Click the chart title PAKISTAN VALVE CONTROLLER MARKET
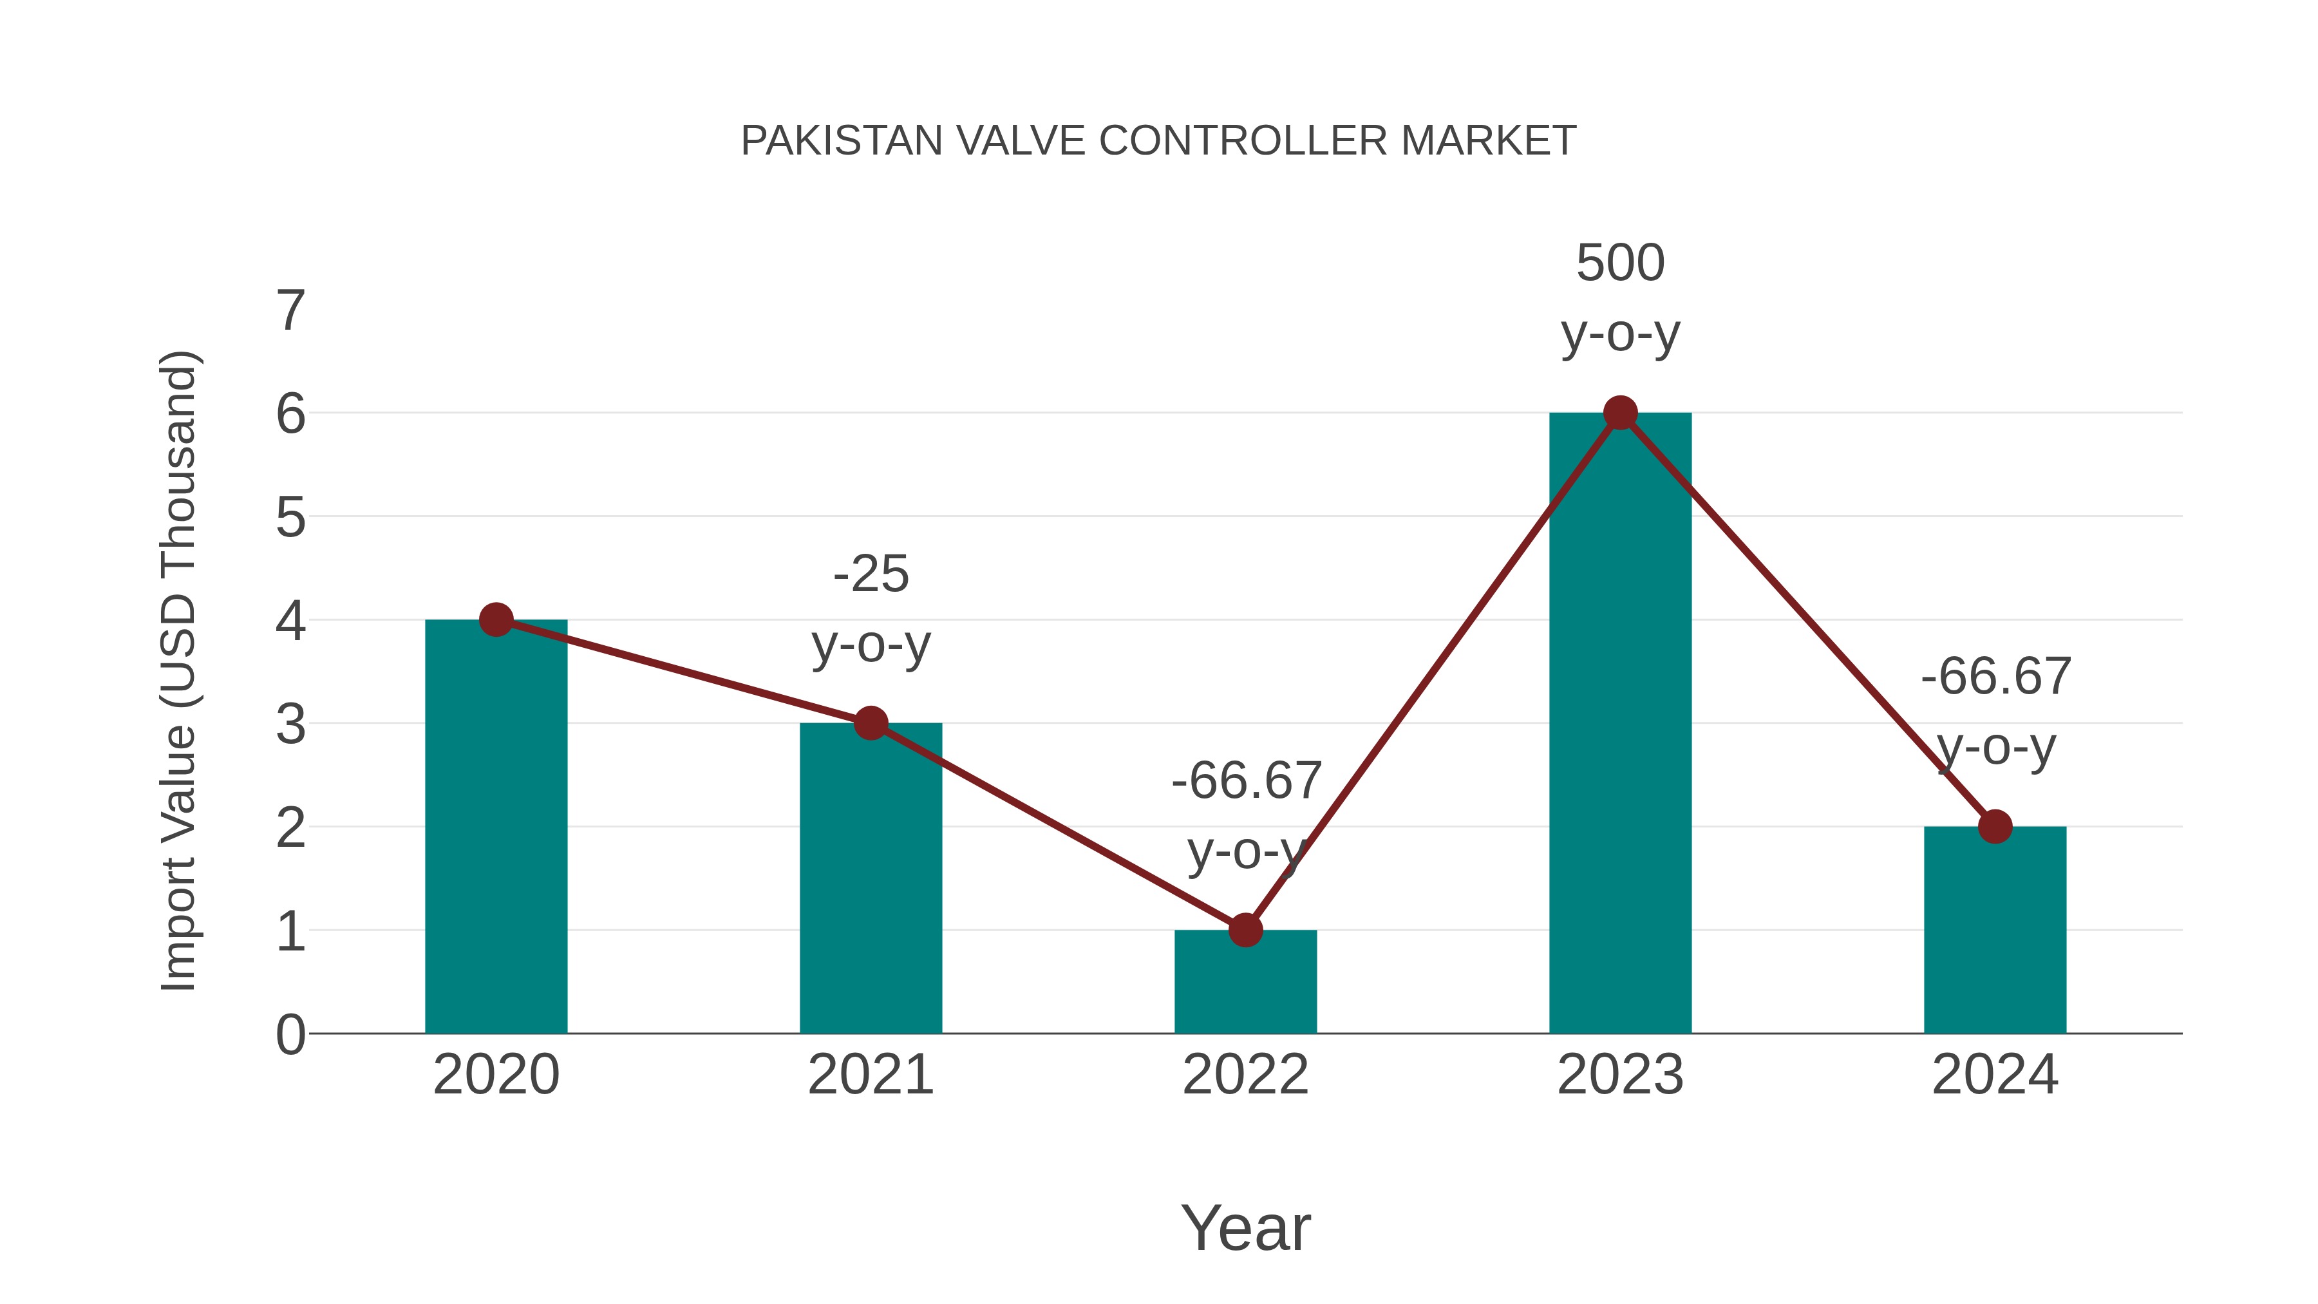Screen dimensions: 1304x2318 (x=1158, y=141)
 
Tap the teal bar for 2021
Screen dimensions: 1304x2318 (x=870, y=891)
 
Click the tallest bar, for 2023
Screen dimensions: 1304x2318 (x=1620, y=738)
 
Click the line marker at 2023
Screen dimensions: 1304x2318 (x=1620, y=413)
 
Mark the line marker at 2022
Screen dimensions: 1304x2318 (x=1245, y=930)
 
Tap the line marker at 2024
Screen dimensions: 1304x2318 (x=1994, y=826)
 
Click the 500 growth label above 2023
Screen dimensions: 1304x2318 (x=1620, y=263)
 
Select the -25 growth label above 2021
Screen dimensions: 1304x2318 (x=870, y=574)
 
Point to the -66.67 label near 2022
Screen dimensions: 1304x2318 (x=1245, y=781)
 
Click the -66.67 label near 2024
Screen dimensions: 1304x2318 (x=1995, y=677)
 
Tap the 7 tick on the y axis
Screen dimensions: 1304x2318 (x=290, y=312)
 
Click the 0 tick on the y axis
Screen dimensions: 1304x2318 (x=290, y=1035)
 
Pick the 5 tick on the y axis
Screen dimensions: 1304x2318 (x=290, y=518)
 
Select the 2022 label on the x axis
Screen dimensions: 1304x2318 (x=1245, y=1075)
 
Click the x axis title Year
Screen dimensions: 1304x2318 (x=1245, y=1229)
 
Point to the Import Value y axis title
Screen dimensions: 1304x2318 (x=178, y=670)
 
